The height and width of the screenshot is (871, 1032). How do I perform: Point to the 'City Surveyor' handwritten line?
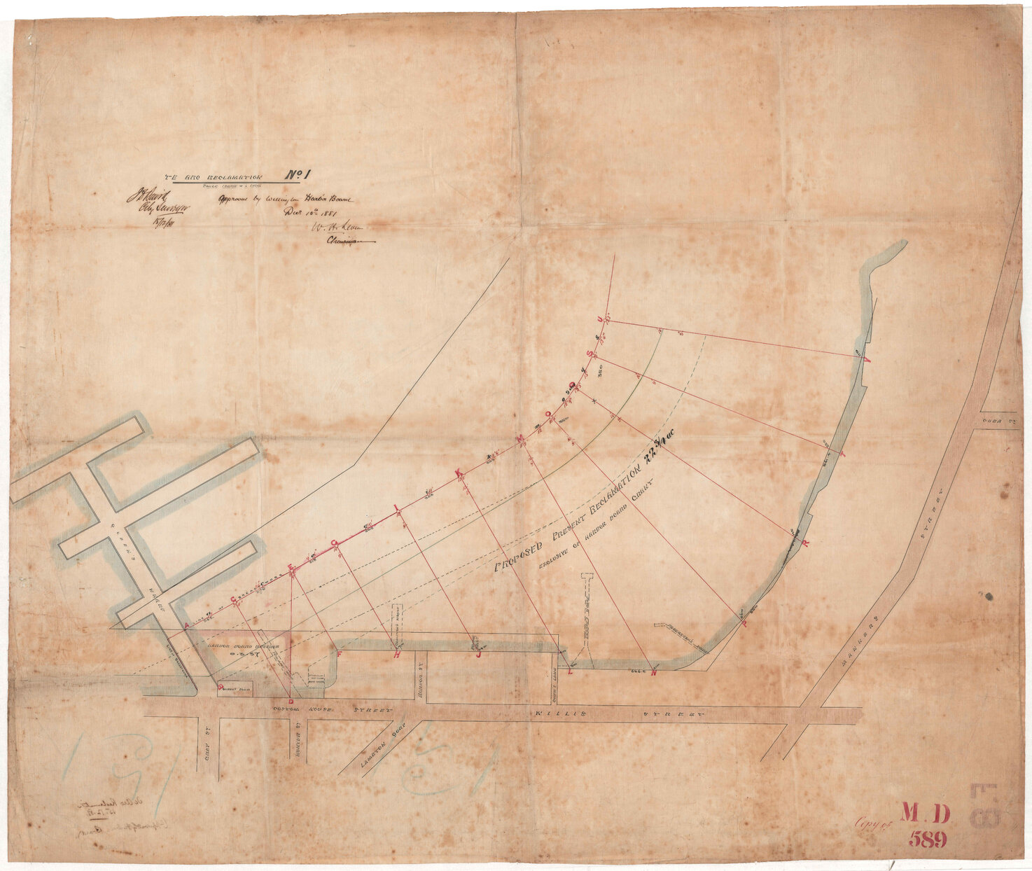pyautogui.click(x=155, y=208)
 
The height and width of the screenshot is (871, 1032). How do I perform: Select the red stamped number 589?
pyautogui.click(x=928, y=839)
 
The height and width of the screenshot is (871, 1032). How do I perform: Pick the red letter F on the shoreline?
pyautogui.click(x=340, y=654)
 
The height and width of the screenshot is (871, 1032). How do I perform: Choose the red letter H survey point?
pyautogui.click(x=397, y=655)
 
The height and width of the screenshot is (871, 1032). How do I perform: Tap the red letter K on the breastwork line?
pyautogui.click(x=459, y=473)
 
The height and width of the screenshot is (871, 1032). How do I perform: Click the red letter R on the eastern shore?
pyautogui.click(x=805, y=543)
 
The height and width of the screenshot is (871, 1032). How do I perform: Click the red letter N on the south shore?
pyautogui.click(x=654, y=674)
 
